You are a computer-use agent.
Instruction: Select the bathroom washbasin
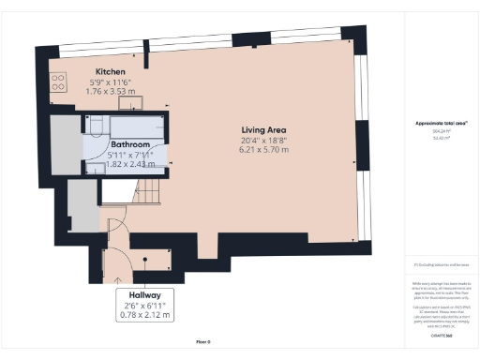click(x=96, y=167)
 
